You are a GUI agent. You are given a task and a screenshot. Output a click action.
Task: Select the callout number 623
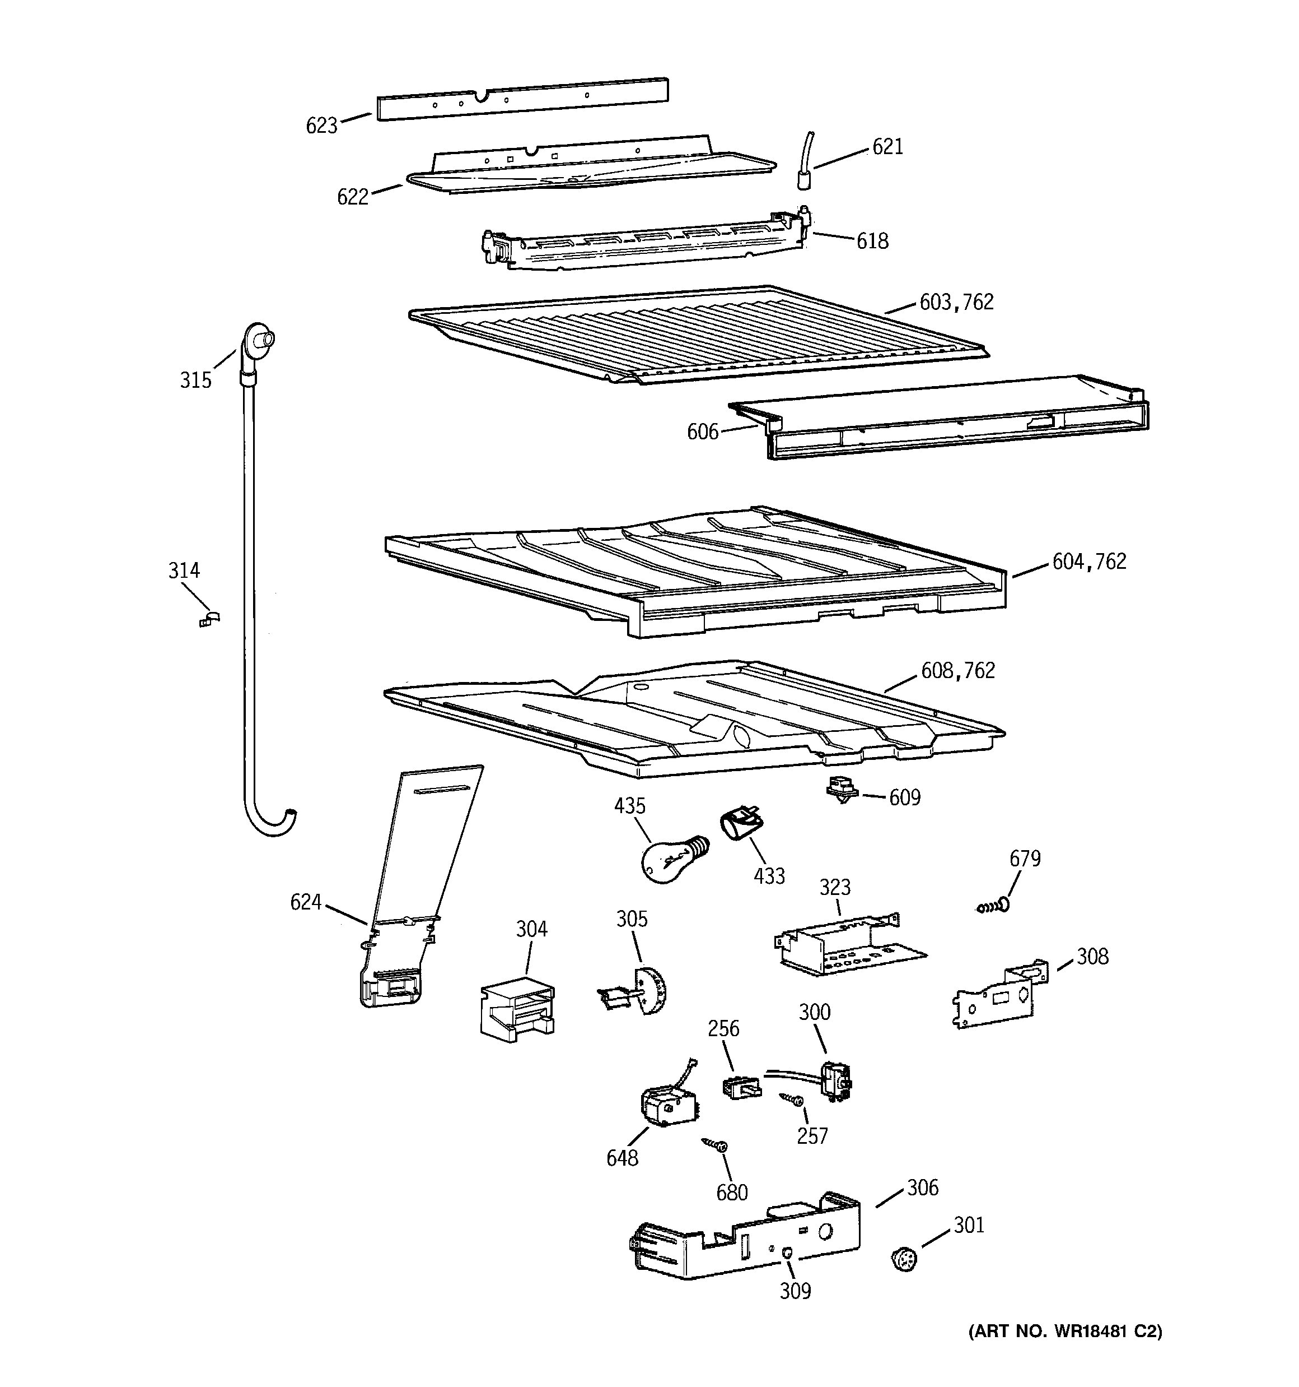click(x=321, y=126)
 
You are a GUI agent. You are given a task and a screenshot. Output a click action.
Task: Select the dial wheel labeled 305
click(x=648, y=991)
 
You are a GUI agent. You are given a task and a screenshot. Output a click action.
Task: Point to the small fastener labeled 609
click(x=842, y=791)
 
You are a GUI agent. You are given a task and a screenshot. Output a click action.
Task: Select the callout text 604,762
click(x=1089, y=562)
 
